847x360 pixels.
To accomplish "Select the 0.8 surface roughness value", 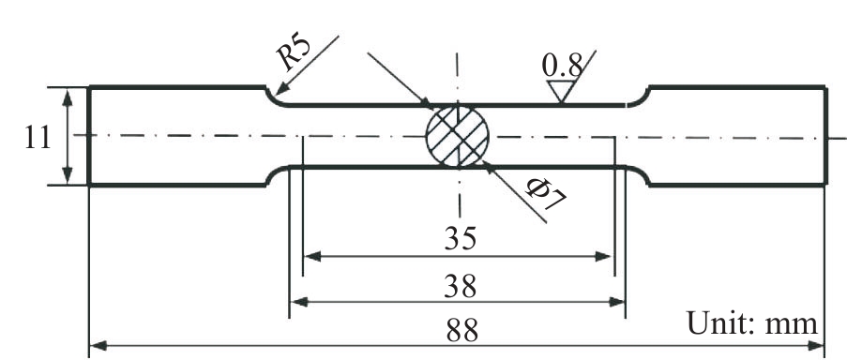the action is [x=563, y=67].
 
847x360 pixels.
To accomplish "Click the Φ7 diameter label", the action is [x=546, y=194].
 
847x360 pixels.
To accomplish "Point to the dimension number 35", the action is [x=461, y=238].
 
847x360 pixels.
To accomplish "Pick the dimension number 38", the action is [x=461, y=286].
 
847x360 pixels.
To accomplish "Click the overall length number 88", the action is [x=462, y=330].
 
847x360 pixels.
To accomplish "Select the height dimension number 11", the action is [x=38, y=138].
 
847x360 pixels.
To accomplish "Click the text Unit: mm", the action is [x=752, y=323].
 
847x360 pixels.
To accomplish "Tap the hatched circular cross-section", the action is [x=458, y=136].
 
